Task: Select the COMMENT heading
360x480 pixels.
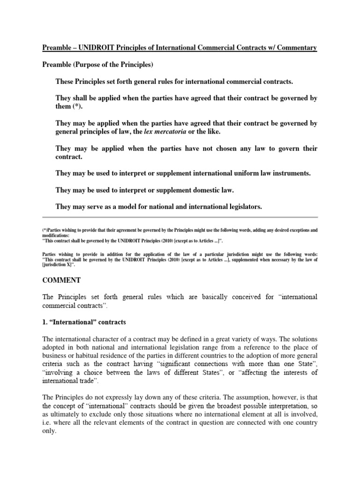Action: [x=62, y=280]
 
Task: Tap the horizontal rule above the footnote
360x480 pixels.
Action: [x=180, y=217]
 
